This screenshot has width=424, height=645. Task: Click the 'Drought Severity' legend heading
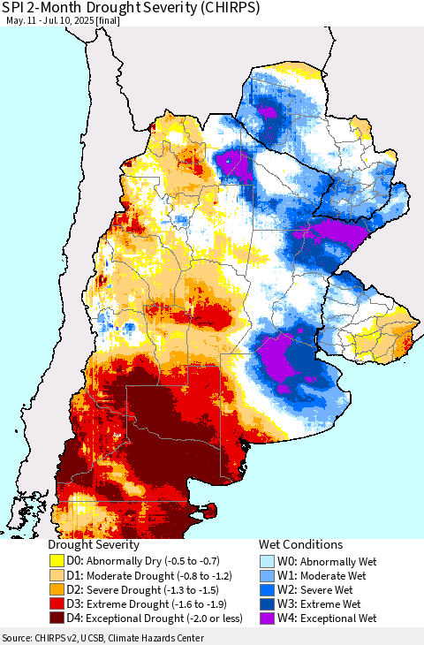94,545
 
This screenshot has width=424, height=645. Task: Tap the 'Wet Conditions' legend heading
300,545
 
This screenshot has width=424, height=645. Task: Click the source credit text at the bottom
102,638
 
